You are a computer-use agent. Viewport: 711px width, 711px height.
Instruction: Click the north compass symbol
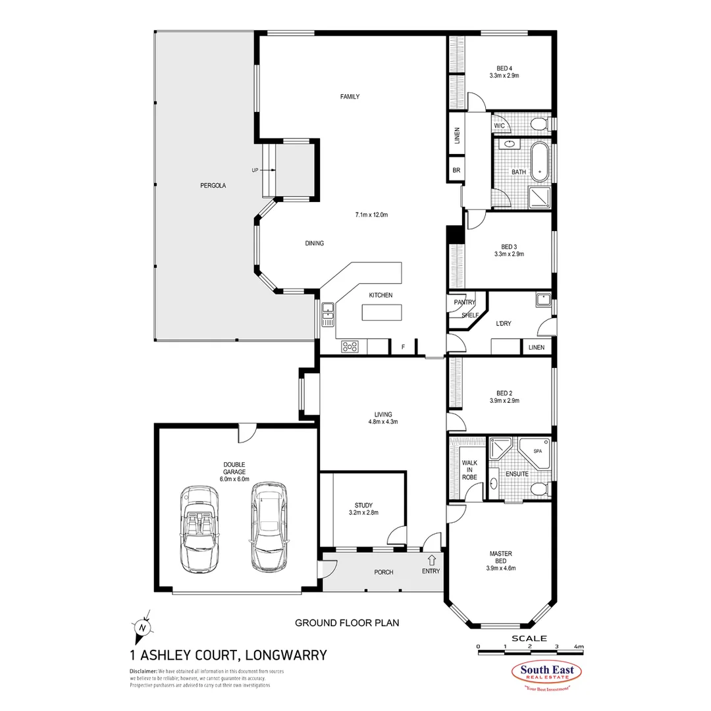142,625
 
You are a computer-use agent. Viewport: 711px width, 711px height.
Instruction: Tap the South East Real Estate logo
547,674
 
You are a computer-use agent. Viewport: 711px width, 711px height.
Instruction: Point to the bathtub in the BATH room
540,161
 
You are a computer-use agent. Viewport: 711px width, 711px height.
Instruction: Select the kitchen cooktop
349,346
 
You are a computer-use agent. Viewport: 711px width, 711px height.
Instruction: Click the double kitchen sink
327,315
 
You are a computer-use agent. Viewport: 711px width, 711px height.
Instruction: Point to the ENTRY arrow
432,560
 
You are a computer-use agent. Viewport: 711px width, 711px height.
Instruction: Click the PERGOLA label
213,186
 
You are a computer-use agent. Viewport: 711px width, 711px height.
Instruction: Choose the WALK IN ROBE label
469,470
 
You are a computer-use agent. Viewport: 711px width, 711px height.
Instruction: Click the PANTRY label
464,302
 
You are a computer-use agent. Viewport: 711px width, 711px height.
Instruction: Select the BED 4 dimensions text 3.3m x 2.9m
504,76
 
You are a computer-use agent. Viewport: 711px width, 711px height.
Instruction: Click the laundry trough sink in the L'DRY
543,300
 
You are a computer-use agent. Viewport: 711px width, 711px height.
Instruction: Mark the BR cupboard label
456,170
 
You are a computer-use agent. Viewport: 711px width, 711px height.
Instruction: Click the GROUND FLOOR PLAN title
347,622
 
